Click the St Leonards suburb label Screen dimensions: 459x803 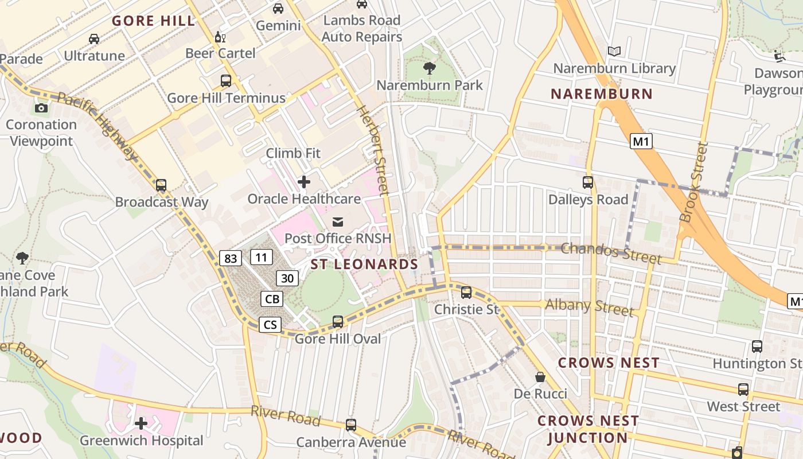[x=364, y=264]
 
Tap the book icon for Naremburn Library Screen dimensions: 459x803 [x=614, y=52]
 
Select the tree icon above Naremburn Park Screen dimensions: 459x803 [x=429, y=69]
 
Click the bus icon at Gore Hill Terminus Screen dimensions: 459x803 [x=226, y=81]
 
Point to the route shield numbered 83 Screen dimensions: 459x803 [x=230, y=258]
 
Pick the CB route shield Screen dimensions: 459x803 [x=272, y=299]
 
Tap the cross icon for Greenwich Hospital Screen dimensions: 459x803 [x=141, y=424]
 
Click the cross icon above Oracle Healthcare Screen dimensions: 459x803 [x=304, y=182]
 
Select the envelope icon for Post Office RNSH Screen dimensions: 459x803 [x=338, y=222]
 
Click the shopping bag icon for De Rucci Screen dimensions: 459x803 [x=540, y=377]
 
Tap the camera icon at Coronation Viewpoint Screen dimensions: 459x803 [x=41, y=108]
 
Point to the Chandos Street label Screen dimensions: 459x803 [x=611, y=252]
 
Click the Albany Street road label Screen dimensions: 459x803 [x=589, y=307]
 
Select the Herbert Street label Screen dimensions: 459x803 [x=373, y=150]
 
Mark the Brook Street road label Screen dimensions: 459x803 [x=693, y=182]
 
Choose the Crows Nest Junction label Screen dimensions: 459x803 [x=588, y=429]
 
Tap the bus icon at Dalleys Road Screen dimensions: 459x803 [x=588, y=182]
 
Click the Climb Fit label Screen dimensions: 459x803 [x=293, y=153]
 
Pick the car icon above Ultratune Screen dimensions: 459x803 [x=94, y=39]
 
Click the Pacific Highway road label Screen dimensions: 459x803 [x=98, y=126]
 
